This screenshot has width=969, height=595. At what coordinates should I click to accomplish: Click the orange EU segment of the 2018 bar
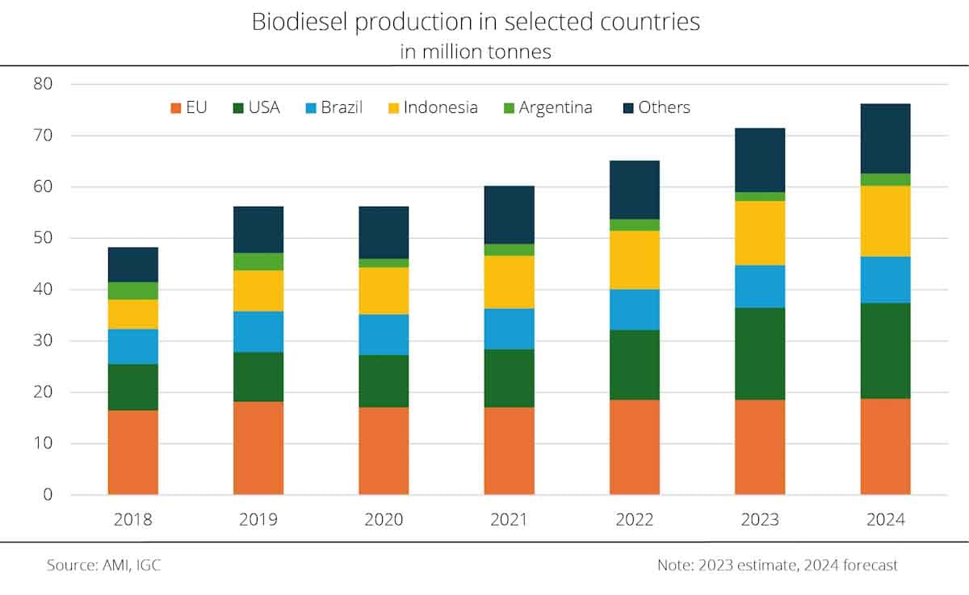[132, 452]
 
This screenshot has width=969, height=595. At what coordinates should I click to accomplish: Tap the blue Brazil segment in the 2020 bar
[384, 334]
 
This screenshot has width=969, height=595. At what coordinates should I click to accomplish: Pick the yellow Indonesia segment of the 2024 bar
[885, 221]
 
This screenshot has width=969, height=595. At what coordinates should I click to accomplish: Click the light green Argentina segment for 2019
[258, 262]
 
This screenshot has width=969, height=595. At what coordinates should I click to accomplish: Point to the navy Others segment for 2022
[635, 190]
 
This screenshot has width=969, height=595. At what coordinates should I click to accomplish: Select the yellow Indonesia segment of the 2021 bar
[509, 282]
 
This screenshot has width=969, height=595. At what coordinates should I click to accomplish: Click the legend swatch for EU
[174, 107]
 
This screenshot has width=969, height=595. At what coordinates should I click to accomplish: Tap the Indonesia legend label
[441, 107]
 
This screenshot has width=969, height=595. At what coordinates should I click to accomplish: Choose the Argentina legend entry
[556, 107]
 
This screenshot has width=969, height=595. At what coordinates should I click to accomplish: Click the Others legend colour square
[627, 107]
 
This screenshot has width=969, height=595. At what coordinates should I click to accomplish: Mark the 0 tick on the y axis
[48, 495]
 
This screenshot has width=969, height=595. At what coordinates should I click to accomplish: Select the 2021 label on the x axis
[509, 520]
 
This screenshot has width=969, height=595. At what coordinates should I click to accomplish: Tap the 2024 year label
[885, 520]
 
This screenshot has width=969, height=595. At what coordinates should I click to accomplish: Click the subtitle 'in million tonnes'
[476, 52]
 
